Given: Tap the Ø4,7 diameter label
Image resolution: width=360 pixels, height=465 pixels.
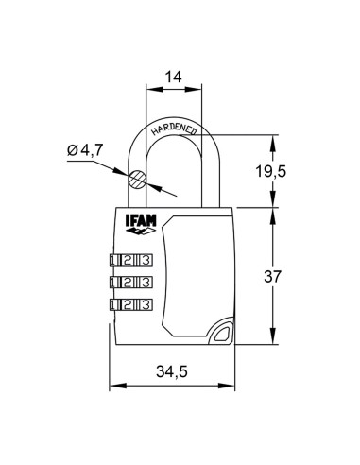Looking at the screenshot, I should coord(86,149).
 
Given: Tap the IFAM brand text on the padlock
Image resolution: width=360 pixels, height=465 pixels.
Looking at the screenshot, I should coord(138,223).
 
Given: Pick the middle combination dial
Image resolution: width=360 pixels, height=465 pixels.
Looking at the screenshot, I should coord(131,282).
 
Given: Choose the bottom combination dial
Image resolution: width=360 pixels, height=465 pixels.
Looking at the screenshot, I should coord(131,304).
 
